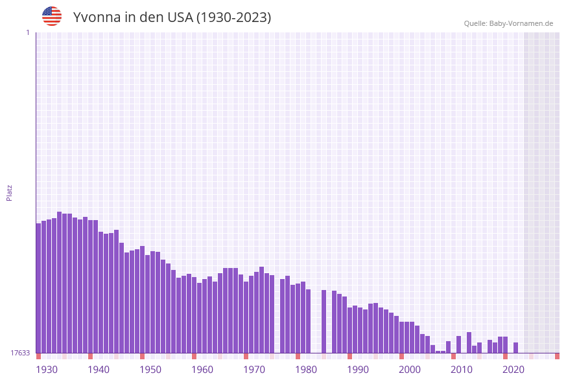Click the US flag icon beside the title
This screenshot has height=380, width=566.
[52, 16]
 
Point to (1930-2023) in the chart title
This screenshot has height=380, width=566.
[234, 17]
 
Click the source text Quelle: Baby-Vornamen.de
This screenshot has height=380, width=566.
[508, 23]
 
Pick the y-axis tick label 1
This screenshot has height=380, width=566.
[27, 32]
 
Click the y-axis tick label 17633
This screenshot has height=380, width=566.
[20, 353]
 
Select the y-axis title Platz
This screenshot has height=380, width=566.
[10, 192]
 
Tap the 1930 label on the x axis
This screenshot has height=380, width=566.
[47, 370]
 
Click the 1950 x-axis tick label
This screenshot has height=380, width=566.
[150, 370]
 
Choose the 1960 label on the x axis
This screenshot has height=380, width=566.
[202, 370]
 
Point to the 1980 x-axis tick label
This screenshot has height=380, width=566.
[306, 370]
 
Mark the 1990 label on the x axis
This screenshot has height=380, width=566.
[358, 370]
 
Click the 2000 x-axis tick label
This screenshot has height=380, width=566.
[410, 370]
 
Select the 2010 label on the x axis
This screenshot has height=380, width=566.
[462, 370]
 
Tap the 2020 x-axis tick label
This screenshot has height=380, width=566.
[513, 370]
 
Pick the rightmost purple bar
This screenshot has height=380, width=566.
[515, 348]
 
